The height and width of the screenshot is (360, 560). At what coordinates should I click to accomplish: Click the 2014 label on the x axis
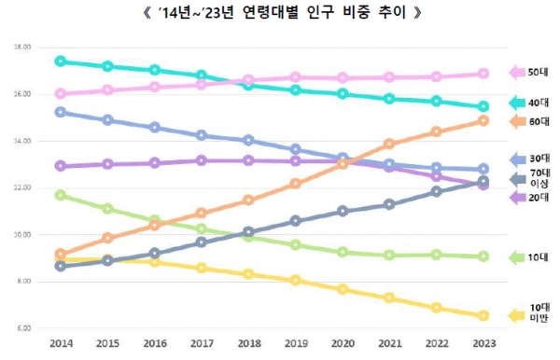point(60,343)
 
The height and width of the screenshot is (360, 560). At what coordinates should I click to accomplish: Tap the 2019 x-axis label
point(295,343)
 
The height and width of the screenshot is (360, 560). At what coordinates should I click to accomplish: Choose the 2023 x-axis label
point(483,343)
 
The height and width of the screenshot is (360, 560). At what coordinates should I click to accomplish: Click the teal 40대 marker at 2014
point(61,62)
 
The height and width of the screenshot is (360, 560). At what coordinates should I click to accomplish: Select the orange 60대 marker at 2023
point(483,120)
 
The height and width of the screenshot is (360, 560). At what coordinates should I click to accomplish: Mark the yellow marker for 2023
point(483,315)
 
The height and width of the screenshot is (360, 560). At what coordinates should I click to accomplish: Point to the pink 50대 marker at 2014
point(61,93)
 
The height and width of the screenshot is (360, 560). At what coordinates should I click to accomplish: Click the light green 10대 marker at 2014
point(61,195)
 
